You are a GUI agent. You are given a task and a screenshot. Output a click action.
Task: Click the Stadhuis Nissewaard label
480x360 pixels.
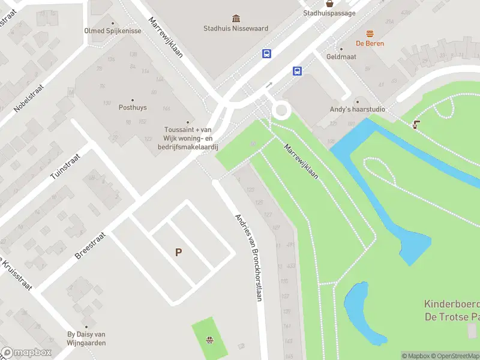tap(236, 28)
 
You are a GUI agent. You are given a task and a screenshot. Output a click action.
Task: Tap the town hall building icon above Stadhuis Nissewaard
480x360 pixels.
tap(236, 19)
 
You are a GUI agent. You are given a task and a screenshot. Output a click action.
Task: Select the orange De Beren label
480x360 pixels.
tap(370, 43)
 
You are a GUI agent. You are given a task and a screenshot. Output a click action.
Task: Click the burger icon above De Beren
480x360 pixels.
tap(370, 34)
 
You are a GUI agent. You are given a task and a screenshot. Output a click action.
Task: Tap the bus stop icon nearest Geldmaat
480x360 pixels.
tap(297, 71)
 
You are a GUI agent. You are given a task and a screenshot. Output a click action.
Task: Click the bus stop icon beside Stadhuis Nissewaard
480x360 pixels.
tap(266, 53)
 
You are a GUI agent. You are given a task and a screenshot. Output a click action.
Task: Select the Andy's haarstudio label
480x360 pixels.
tap(358, 110)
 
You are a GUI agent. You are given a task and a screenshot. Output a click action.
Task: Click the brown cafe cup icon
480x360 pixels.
tap(416, 124)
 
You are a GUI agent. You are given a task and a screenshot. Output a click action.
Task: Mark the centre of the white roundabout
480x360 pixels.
tap(281, 110)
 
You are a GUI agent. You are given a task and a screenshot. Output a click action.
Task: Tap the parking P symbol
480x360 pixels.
tap(178, 253)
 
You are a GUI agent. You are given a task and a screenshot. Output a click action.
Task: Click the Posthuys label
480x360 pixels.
tap(133, 108)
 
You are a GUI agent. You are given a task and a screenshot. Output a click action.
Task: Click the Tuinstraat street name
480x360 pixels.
tap(65, 165)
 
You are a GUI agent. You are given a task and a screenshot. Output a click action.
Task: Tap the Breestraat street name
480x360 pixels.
tap(90, 246)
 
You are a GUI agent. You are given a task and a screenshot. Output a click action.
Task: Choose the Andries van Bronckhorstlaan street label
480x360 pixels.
tap(249, 257)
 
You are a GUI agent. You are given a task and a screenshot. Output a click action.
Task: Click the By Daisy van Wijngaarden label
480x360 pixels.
tap(86, 338)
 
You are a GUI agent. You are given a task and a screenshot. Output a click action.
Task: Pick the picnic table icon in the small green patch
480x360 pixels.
tap(210, 340)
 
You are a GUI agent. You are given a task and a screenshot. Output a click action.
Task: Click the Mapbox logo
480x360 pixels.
tap(26, 353)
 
